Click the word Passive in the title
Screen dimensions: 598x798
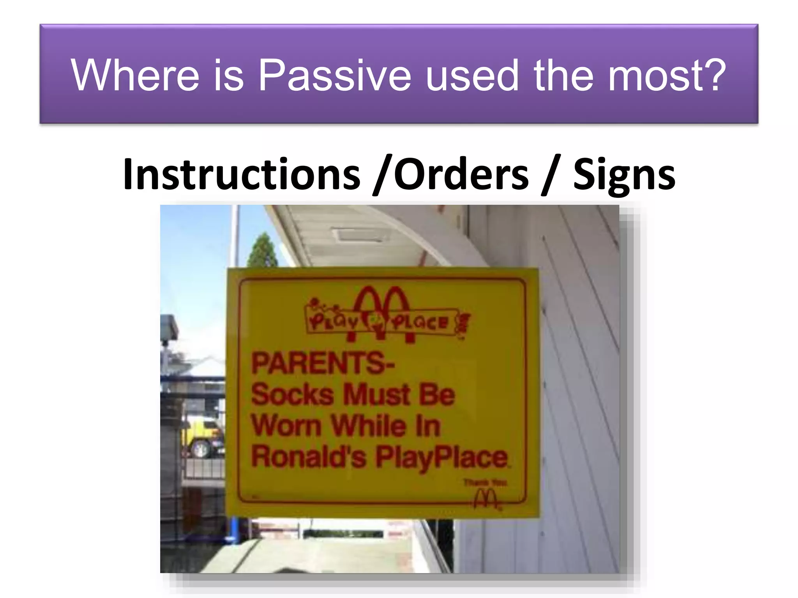(x=334, y=76)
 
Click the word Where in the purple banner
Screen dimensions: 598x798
(x=134, y=75)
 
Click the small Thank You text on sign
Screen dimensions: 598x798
(x=485, y=483)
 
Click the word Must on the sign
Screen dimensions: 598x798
(x=377, y=394)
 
